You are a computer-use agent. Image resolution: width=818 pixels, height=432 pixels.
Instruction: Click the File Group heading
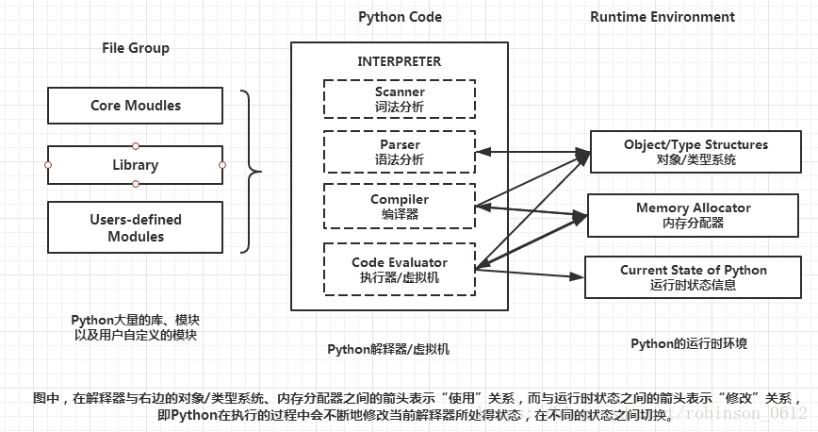(136, 48)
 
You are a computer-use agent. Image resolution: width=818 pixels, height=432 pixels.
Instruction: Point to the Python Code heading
(401, 17)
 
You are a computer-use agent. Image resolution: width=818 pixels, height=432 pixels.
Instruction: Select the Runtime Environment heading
(663, 17)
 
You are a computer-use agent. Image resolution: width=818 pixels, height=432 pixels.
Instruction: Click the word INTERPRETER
(399, 61)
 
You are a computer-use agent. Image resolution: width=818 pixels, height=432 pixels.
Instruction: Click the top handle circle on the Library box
(136, 146)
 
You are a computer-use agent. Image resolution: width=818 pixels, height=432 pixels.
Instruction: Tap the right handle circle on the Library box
(222, 165)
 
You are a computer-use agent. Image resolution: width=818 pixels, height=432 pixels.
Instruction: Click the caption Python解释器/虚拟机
(388, 349)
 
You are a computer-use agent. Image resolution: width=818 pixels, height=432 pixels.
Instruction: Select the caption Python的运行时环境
(689, 343)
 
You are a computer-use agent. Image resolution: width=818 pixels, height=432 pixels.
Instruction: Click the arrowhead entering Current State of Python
(577, 276)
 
